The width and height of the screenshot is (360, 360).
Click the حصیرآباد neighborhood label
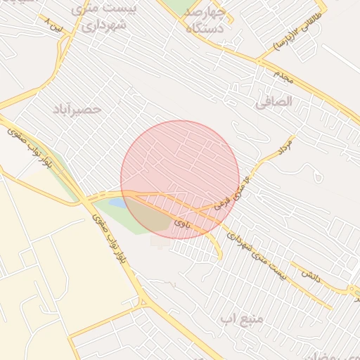pyautogui.click(x=77, y=110)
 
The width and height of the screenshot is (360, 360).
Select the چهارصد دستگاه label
pyautogui.click(x=205, y=20)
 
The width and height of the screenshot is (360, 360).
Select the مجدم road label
pyautogui.click(x=288, y=78)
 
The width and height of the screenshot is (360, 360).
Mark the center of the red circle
pyautogui.click(x=180, y=179)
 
